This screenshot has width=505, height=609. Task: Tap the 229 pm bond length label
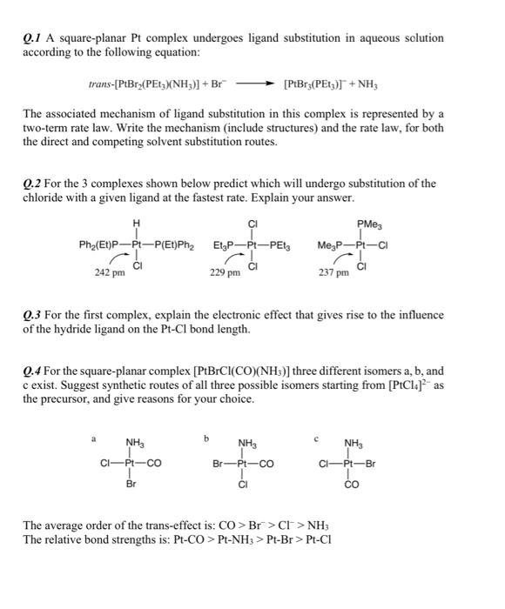click(x=225, y=273)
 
